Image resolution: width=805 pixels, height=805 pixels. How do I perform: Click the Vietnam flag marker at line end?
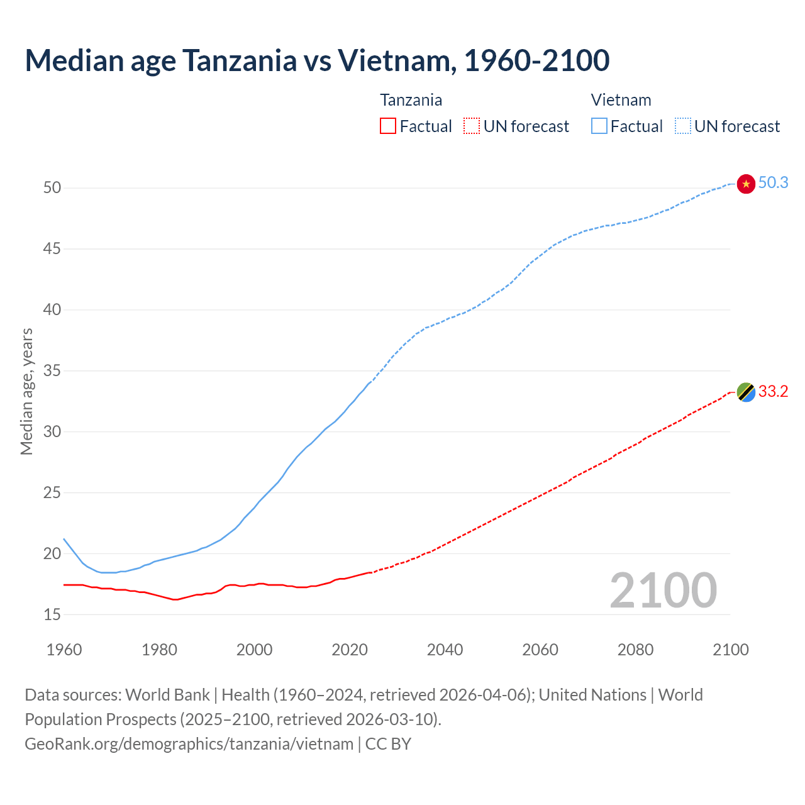click(746, 184)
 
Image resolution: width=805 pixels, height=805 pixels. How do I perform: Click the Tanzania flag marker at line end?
click(746, 392)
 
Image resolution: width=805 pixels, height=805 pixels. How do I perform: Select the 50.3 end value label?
click(773, 183)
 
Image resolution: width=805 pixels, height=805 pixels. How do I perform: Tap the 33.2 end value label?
click(773, 392)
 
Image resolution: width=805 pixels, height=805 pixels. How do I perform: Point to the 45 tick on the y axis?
click(52, 249)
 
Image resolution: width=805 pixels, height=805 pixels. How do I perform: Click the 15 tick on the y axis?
click(52, 614)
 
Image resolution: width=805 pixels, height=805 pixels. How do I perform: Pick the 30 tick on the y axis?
click(52, 431)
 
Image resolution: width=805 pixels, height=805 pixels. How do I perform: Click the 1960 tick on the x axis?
click(64, 650)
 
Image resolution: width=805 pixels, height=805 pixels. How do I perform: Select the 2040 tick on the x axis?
click(445, 650)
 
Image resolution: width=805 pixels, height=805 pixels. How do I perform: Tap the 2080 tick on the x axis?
click(635, 650)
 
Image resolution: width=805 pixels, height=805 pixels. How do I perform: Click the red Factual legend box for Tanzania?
click(388, 126)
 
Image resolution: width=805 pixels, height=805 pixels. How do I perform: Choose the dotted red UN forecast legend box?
click(472, 126)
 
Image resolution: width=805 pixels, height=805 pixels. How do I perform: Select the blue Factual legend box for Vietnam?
click(599, 126)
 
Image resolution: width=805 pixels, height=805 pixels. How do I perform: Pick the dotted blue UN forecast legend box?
click(683, 126)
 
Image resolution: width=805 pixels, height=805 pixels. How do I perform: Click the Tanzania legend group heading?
click(411, 100)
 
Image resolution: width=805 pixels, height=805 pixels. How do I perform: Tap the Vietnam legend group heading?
click(621, 100)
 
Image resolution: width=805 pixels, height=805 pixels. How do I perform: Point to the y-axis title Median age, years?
click(26, 391)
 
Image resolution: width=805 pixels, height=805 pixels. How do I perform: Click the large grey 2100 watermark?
click(663, 590)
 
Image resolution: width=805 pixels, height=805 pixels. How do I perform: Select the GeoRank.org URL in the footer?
click(189, 744)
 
